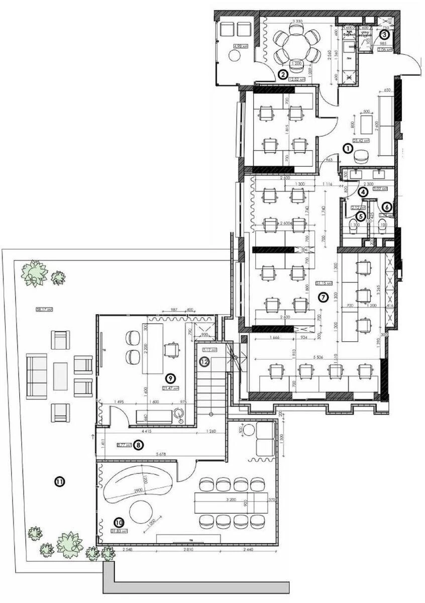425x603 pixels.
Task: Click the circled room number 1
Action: point(347,148)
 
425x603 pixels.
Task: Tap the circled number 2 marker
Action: point(283,75)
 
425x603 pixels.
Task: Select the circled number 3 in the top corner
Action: point(384,35)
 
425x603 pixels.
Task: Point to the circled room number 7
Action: point(323,297)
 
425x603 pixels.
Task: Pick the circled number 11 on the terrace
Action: point(59,482)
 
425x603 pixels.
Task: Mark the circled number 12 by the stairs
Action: point(204,361)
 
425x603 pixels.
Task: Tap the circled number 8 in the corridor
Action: point(139,445)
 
